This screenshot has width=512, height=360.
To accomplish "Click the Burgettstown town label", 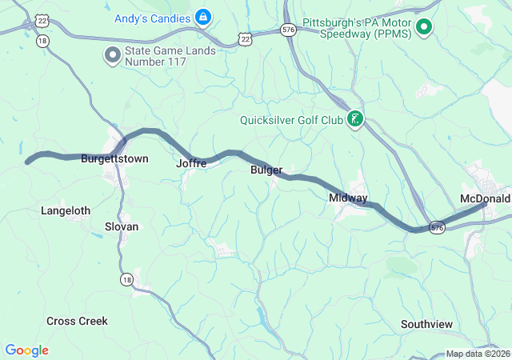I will tap(114, 159).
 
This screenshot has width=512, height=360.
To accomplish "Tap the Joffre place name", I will tap(191, 163).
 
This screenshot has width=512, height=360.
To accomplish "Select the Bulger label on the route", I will tap(266, 170).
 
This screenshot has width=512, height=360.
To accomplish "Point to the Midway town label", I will tap(348, 198).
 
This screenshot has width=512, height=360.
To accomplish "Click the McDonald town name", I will tap(485, 198).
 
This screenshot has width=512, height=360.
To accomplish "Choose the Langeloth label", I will tap(66, 210).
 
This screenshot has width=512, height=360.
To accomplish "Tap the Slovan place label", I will tap(122, 226).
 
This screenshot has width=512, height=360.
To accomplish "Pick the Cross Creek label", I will tap(77, 321).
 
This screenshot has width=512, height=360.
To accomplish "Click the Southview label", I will tap(426, 324).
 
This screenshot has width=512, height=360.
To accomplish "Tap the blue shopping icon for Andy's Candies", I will tap(203, 16).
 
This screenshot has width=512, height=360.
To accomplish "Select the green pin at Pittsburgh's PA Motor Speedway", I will tap(425, 28).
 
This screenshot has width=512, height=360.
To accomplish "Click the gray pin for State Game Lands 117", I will tap(112, 54).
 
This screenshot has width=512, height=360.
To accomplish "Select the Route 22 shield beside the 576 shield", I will tap(246, 38).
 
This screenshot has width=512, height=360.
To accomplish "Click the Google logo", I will tap(26, 350).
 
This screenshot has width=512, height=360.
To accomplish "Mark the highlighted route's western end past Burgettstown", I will tap(28, 162).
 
